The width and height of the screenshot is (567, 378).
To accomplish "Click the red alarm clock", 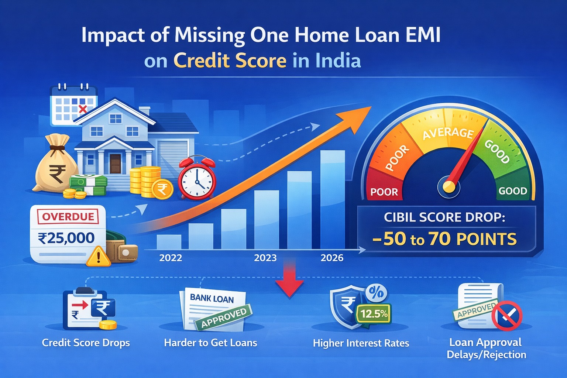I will point(197,179).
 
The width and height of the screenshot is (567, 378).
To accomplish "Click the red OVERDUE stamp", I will point(68,216).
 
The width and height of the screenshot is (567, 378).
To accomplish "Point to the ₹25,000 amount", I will point(66,238).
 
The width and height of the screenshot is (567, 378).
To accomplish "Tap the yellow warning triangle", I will point(98,257).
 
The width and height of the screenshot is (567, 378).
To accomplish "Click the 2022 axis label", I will point(171,258).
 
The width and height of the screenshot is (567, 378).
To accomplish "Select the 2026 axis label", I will point(332,258).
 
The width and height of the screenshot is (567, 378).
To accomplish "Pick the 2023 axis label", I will point(265,258).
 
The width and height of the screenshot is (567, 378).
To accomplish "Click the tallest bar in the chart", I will point(333,199).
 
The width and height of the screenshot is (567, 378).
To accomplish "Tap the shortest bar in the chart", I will point(169,242).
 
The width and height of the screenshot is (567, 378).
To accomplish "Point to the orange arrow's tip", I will point(367,109).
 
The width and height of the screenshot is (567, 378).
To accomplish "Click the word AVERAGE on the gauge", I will point(448,133).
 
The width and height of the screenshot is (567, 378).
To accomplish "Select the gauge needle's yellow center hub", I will point(449,187).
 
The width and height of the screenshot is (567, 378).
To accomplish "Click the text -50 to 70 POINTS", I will point(445,239).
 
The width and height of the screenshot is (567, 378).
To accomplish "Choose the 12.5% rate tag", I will point(374,314).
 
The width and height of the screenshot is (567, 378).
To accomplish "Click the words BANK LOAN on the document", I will point(212,298).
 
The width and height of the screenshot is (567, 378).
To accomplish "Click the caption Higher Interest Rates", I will point(361,343).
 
